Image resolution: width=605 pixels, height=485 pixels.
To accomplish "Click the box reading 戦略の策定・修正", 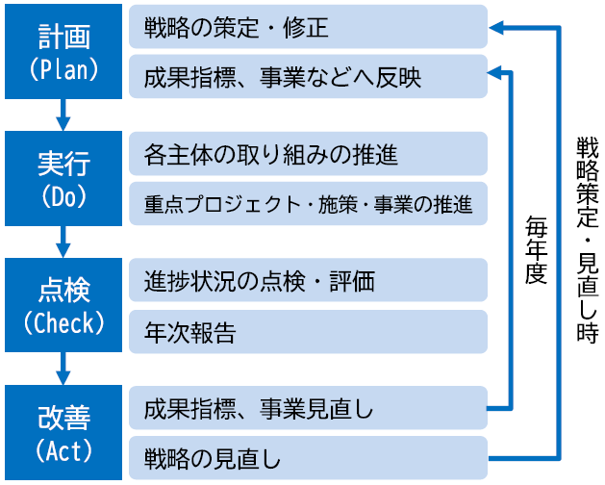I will click(x=308, y=28).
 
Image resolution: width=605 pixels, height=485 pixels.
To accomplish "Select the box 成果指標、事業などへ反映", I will click(x=308, y=77).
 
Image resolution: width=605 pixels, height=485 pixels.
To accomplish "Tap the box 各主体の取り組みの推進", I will click(x=308, y=154).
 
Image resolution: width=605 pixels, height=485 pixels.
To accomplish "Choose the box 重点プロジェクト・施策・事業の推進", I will click(x=308, y=203).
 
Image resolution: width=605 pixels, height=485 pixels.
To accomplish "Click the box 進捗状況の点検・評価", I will click(x=308, y=281).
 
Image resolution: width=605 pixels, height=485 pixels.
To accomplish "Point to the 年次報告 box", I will click(x=308, y=332).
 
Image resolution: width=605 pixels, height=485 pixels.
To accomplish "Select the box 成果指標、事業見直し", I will click(x=308, y=409).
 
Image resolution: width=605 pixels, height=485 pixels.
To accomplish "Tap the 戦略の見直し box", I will click(x=308, y=456).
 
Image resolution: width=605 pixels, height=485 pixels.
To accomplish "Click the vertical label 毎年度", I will click(x=536, y=249).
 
